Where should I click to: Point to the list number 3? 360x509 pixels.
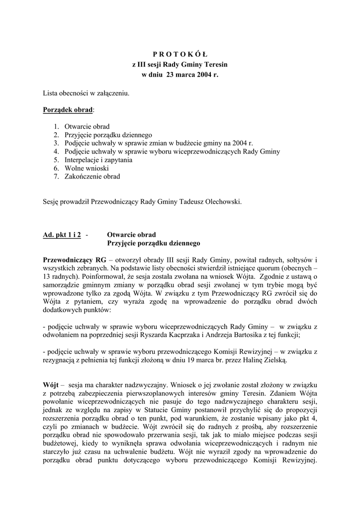[x=56, y=143]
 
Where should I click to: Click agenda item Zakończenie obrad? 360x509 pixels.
[x=92, y=177]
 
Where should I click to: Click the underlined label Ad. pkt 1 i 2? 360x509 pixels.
[x=62, y=235]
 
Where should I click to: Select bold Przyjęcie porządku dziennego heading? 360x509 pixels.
[x=154, y=244]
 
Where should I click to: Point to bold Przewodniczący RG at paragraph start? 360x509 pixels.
[x=75, y=260]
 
